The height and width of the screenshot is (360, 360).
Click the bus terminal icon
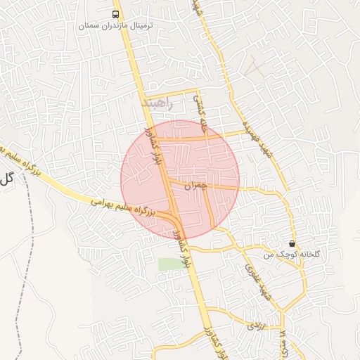click(x=115, y=14)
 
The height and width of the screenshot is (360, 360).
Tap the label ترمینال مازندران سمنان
click(x=115, y=25)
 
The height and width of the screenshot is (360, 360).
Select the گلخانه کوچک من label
click(x=283, y=254)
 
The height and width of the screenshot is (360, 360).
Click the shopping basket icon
click(x=292, y=243)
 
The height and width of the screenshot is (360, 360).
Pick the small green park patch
click(x=169, y=264)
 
